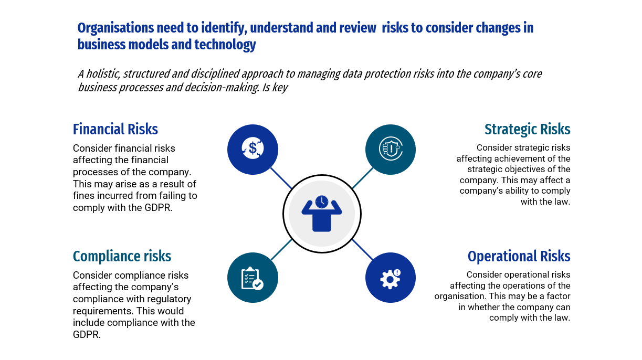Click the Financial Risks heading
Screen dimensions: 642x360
pyautogui.click(x=115, y=129)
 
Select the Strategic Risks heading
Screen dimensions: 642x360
pyautogui.click(x=527, y=129)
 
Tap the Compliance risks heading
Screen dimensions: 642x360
pyautogui.click(x=122, y=256)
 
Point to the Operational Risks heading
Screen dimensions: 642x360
pyautogui.click(x=519, y=256)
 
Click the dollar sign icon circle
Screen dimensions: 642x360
pyautogui.click(x=252, y=149)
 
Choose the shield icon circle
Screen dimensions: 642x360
pyautogui.click(x=390, y=149)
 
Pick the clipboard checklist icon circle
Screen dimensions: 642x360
pyautogui.click(x=252, y=278)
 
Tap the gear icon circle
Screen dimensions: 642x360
pyautogui.click(x=390, y=278)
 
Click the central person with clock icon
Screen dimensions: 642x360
pyautogui.click(x=321, y=213)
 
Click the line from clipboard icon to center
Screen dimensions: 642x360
pyautogui.click(x=281, y=249)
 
